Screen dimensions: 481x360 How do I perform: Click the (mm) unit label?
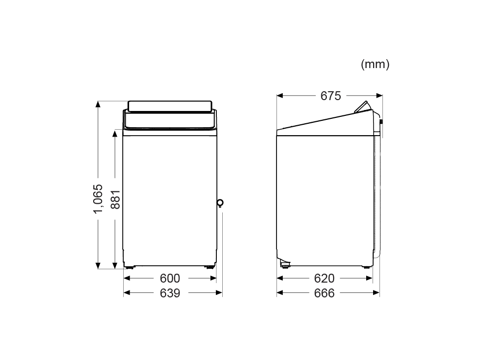[375, 65]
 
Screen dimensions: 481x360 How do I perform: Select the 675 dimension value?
[331, 96]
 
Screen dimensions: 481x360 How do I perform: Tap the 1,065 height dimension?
[98, 199]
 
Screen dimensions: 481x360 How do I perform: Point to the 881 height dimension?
[115, 200]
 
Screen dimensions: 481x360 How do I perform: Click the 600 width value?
[170, 278]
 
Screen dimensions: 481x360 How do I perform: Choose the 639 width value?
[170, 293]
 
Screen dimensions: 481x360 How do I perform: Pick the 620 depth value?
[324, 278]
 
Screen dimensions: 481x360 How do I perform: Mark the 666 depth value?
[324, 293]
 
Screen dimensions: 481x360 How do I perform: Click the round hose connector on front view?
[220, 203]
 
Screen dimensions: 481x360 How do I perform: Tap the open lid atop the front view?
[170, 106]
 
